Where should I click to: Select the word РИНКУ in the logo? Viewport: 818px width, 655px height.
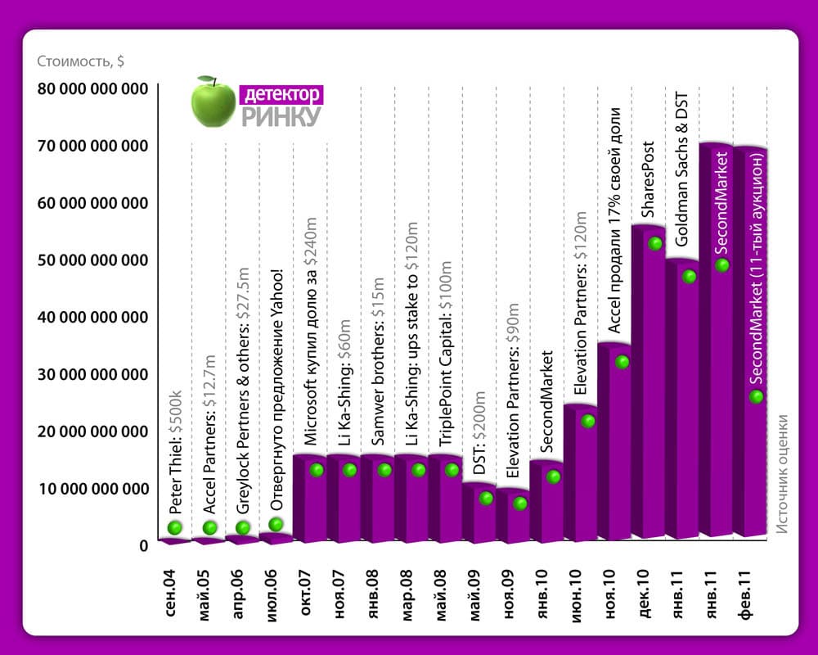281,116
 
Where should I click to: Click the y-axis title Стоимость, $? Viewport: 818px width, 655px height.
80,61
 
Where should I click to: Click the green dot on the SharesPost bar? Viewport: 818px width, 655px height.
654,243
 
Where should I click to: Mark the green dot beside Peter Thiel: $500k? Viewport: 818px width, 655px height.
173,528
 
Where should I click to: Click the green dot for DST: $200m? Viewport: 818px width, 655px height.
486,498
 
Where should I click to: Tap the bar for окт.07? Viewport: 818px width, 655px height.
309,499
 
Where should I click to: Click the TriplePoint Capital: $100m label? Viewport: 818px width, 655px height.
447,357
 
